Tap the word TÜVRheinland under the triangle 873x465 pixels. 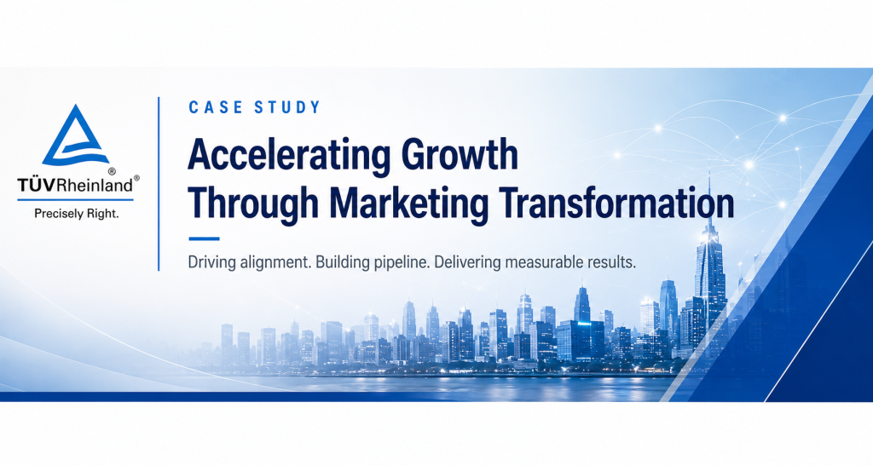[x=75, y=185]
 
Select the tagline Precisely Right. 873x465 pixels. [x=76, y=214]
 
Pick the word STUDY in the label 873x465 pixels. [x=287, y=107]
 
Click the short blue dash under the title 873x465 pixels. [x=205, y=238]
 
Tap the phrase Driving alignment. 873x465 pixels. [x=249, y=262]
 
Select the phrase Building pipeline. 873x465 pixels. [x=373, y=262]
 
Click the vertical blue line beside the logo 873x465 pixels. [x=159, y=184]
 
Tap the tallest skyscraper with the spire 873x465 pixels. [x=710, y=261]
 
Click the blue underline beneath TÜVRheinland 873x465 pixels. [x=75, y=199]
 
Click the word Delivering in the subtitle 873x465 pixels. [x=468, y=262]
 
